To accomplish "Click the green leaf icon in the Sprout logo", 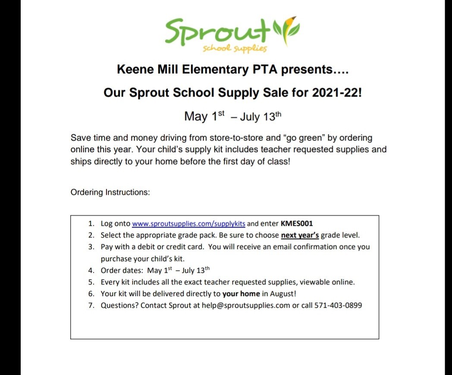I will point(287,29).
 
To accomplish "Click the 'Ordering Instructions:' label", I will point(110,192).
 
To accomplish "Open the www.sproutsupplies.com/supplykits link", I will point(188,224).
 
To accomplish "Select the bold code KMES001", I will point(297,224).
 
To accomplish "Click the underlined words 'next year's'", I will point(300,235).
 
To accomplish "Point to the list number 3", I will point(91,247).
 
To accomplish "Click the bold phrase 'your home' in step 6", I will point(241,294).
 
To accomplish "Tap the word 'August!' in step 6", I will point(283,294).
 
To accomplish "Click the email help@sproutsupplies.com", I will point(246,306).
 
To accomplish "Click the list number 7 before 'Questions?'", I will point(91,306).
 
